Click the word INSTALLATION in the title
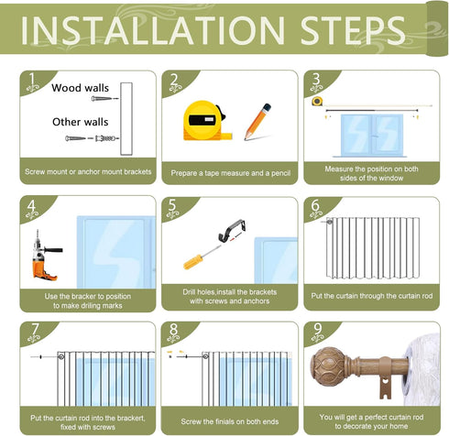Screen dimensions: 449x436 click(x=153, y=31)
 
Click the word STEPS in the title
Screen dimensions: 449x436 click(x=353, y=31)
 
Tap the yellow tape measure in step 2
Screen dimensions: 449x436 click(x=205, y=121)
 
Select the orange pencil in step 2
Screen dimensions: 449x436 click(x=257, y=122)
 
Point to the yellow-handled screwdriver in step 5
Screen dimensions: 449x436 click(x=202, y=257)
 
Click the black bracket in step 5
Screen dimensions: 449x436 click(x=232, y=230)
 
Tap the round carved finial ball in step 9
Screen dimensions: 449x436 click(x=327, y=366)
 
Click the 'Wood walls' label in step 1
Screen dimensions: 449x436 click(x=81, y=88)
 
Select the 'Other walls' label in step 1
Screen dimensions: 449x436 click(x=81, y=122)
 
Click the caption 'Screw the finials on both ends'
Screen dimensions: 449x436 click(x=230, y=421)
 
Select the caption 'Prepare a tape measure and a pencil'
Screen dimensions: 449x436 click(x=231, y=173)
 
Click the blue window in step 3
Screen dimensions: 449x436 click(x=372, y=136)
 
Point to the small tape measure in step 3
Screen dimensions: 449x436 click(x=317, y=101)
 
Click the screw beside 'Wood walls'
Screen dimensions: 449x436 click(x=104, y=99)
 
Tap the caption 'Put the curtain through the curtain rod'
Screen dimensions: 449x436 click(x=372, y=296)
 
